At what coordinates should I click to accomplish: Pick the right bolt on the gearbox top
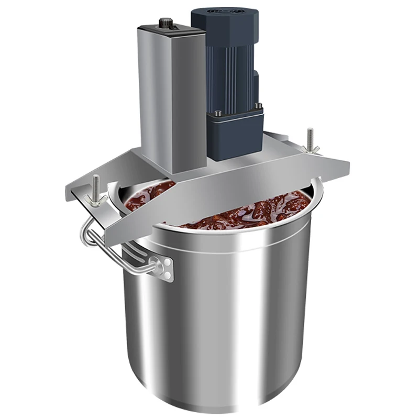point(257,106)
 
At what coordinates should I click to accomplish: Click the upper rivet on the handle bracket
point(167,263)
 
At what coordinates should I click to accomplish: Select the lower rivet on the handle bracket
point(167,274)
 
